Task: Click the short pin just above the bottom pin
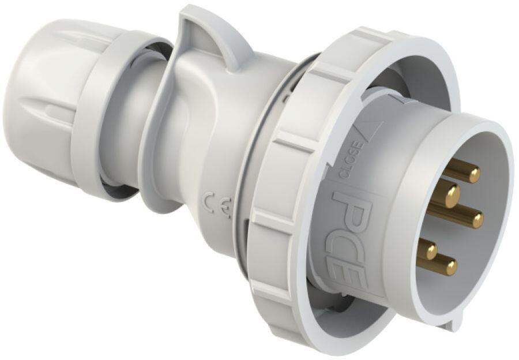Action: coord(430,249)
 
